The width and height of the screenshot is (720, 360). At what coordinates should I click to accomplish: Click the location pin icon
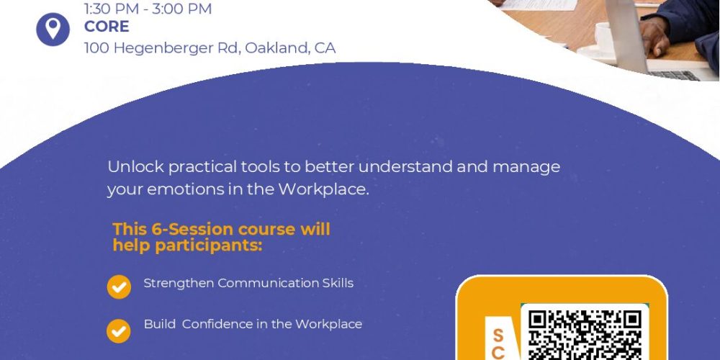coord(53,30)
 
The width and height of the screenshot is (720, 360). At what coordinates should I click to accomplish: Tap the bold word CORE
coord(107,27)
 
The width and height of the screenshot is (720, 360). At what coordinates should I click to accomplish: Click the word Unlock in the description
coord(136,167)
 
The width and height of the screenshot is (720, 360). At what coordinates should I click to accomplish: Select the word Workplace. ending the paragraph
coord(323,189)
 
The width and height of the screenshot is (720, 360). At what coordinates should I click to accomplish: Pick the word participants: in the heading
coord(209,246)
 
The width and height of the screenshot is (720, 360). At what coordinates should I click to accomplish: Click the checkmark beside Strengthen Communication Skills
coord(119,287)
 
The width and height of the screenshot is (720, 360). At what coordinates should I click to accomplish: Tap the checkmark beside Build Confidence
coord(119,331)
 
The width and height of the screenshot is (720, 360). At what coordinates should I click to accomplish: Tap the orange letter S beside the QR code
coord(498,336)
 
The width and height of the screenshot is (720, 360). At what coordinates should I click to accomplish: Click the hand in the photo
coord(656,37)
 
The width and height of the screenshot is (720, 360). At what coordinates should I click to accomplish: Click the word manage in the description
coord(526,168)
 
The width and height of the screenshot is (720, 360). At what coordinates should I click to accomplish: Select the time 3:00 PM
coord(182,9)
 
